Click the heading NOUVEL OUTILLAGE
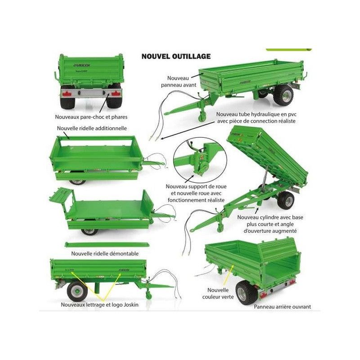coord(176,56)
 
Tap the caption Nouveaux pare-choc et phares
coord(91,117)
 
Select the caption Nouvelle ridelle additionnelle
coord(92,128)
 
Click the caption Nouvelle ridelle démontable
coord(105,254)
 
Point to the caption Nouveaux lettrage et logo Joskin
coord(100,305)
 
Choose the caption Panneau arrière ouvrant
coord(282,307)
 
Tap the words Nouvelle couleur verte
coord(218,294)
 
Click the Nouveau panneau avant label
coord(178,82)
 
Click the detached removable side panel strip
coord(107,245)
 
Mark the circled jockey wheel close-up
coord(200,160)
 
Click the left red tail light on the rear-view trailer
coord(67,94)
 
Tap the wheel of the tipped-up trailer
coord(286,200)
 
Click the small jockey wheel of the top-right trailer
coord(202,117)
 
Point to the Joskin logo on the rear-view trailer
coord(82,65)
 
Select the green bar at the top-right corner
coord(289,49)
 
